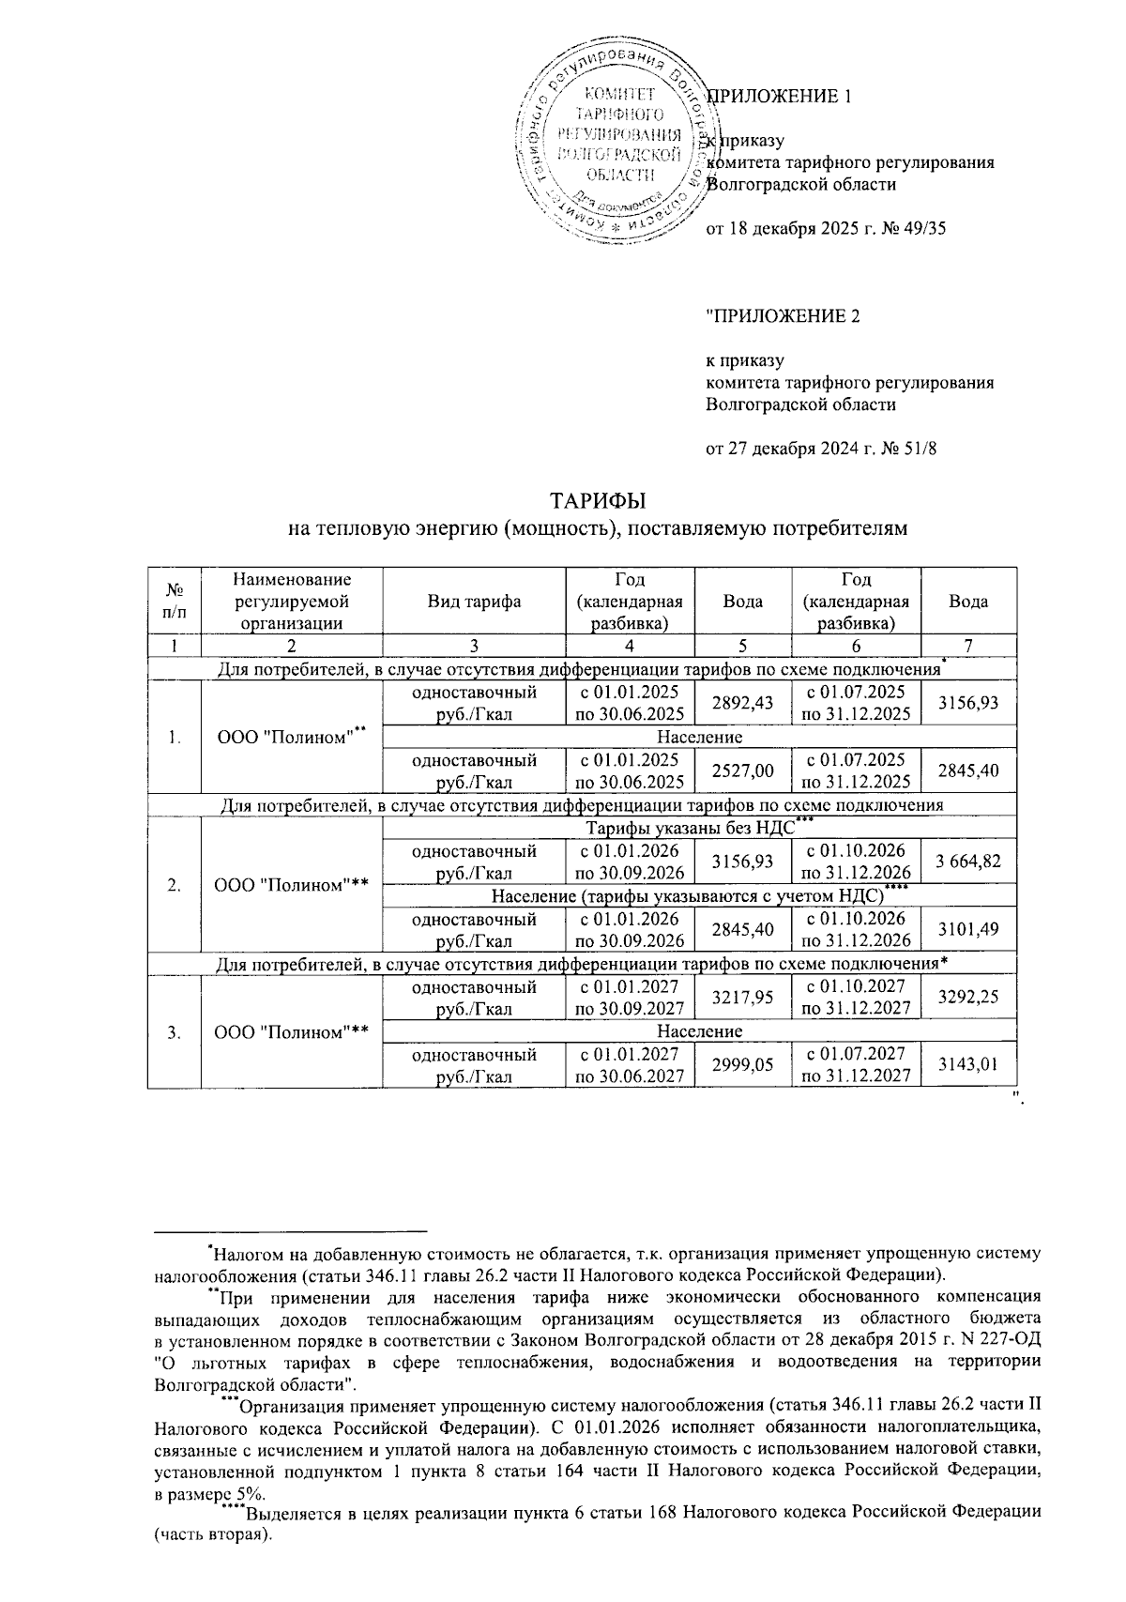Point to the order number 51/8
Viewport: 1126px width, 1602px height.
click(x=920, y=449)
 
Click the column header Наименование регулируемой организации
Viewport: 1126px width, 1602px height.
click(x=292, y=602)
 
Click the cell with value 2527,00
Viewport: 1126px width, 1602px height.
click(x=743, y=770)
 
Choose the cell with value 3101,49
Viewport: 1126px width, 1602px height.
click(x=968, y=929)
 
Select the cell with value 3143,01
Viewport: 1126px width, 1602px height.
click(x=968, y=1065)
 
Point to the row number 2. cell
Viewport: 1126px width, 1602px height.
click(x=175, y=884)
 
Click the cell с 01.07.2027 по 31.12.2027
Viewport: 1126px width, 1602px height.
click(x=856, y=1065)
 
